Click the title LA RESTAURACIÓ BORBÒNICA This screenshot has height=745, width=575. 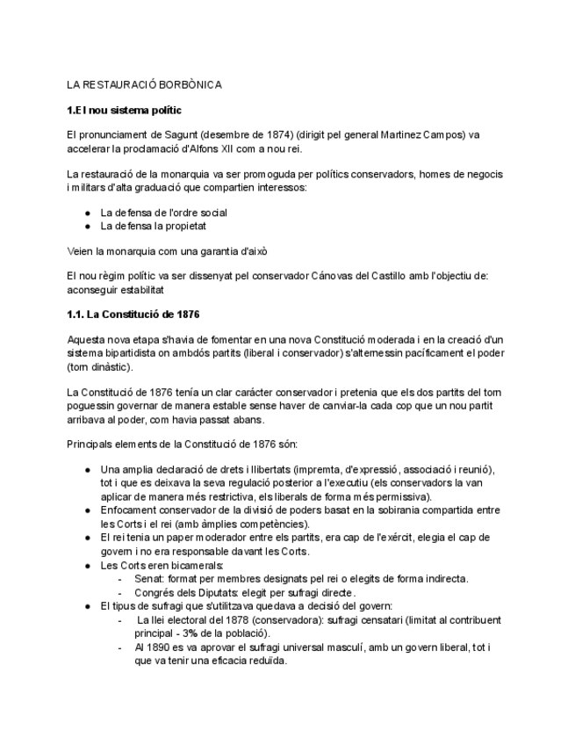point(145,85)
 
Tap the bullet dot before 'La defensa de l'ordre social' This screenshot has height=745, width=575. point(89,213)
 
